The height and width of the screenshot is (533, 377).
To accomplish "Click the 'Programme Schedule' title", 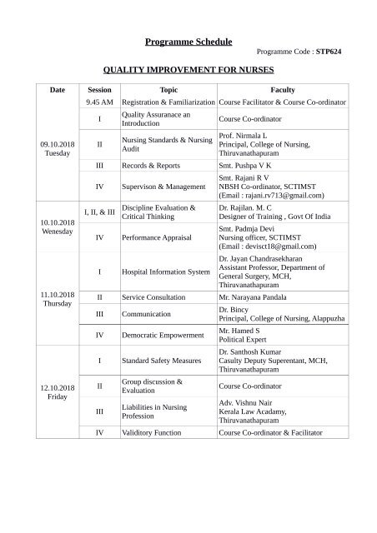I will [188, 42].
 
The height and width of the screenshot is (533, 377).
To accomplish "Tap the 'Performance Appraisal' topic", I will [163, 237].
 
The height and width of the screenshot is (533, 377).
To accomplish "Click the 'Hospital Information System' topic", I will [166, 271].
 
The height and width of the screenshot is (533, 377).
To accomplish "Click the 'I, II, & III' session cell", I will [99, 212].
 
